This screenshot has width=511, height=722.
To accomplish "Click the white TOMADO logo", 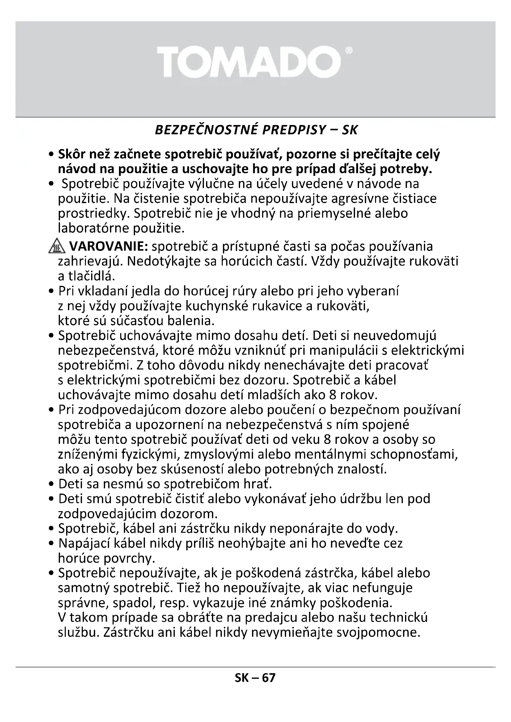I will (249, 62).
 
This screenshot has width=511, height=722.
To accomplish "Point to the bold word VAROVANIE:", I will (108, 247).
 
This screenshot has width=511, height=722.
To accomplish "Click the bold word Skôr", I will (72, 154).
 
